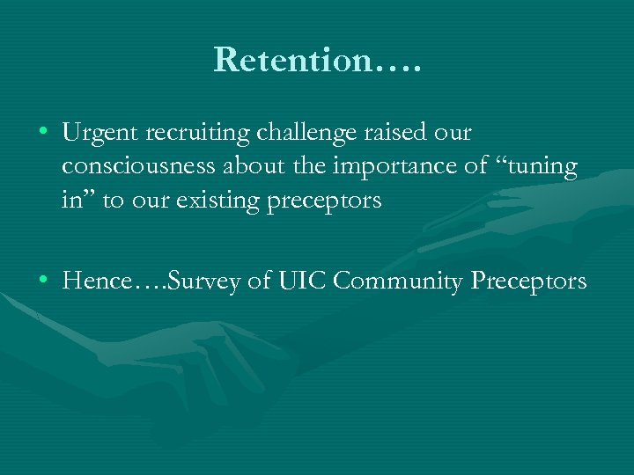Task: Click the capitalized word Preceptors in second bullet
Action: pos(528,281)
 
